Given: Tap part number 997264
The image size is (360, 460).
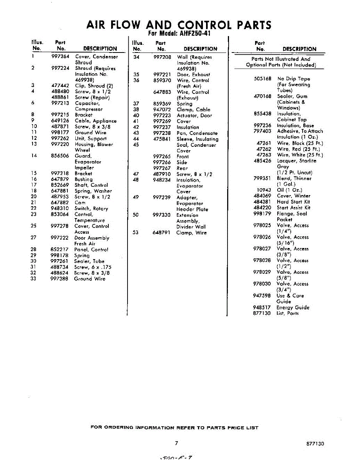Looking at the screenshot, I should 60,57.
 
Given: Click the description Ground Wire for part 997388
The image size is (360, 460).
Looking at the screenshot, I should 90,279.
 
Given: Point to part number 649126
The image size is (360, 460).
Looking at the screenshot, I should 60,121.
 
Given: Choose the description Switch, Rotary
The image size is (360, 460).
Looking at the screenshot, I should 91,209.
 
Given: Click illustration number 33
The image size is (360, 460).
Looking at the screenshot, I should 34,279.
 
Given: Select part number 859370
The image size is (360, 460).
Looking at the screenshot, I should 162,80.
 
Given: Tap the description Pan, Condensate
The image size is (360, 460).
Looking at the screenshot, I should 197,133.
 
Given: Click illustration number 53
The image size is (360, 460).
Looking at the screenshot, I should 136,233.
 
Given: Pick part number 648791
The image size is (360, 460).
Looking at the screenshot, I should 162,233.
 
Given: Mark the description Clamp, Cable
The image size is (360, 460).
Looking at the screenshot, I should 193,110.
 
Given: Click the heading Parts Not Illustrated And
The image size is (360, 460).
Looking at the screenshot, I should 281,59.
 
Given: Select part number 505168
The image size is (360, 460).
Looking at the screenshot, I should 262,79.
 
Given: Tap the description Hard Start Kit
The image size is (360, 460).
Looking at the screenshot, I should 293,202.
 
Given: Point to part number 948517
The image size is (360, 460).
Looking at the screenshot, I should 262,307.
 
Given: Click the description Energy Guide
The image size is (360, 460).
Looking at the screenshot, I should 293,307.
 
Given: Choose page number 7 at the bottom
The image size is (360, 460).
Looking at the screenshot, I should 177,443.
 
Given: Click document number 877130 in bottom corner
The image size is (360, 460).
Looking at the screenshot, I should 315,444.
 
